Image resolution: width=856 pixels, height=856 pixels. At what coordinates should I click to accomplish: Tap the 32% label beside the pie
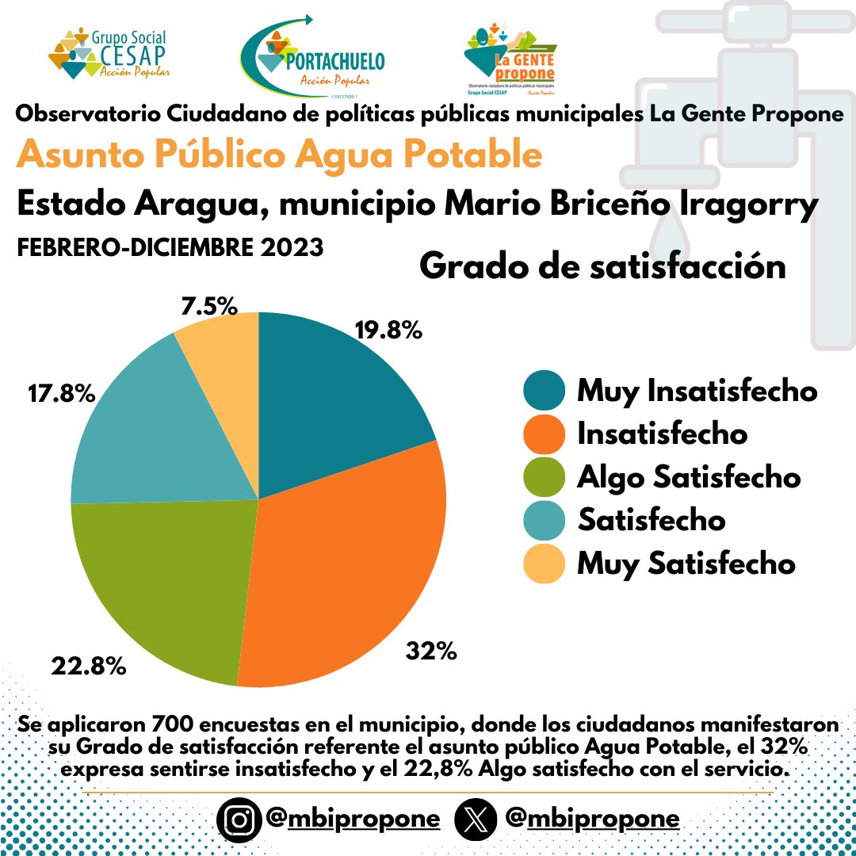[x=431, y=652]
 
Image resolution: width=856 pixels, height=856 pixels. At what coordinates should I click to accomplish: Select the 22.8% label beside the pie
[x=89, y=666]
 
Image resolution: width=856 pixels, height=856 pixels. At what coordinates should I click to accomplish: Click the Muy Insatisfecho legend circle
[x=545, y=392]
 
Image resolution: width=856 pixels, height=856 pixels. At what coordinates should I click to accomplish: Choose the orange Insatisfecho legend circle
[x=545, y=434]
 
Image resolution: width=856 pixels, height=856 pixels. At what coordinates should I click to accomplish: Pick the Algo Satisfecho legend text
[x=689, y=478]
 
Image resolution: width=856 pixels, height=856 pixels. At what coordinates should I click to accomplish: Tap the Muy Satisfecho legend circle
[x=545, y=564]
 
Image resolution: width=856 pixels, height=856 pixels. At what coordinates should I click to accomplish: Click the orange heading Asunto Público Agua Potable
[x=279, y=155]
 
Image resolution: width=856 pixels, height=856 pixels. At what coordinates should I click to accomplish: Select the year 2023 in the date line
[x=290, y=247]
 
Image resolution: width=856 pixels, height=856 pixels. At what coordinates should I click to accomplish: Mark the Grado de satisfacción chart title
[x=602, y=266]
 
